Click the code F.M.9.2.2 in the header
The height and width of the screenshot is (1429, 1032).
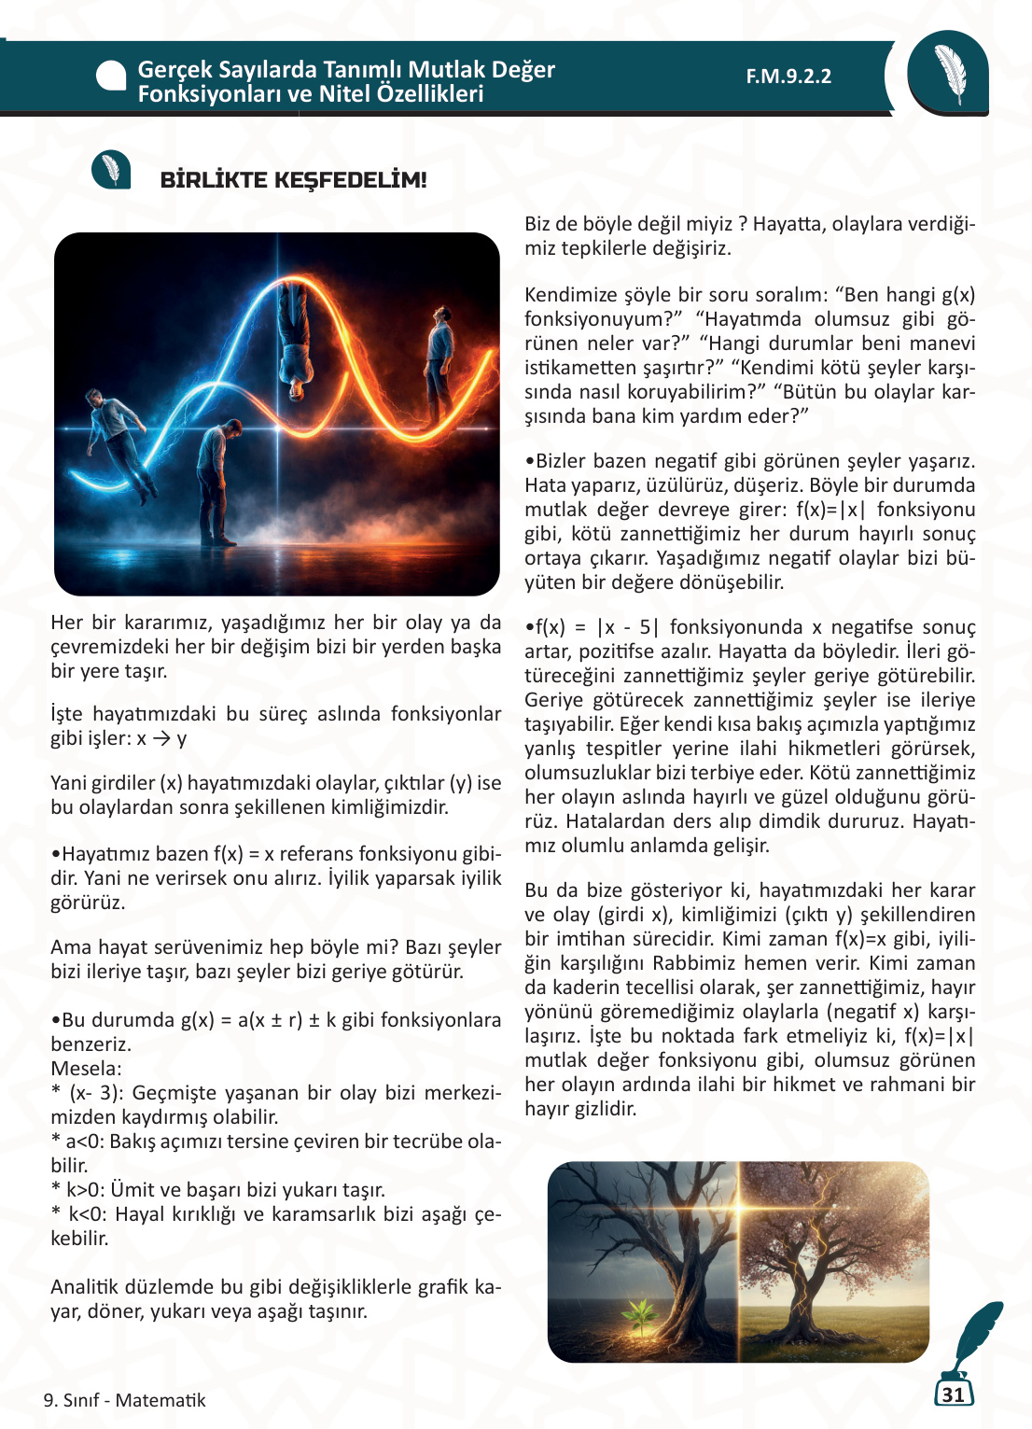788,77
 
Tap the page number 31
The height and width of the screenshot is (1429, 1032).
953,1394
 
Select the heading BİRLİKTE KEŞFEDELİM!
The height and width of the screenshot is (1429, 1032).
293,180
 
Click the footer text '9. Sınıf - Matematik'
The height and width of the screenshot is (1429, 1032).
124,1400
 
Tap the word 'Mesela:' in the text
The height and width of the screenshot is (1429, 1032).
86,1069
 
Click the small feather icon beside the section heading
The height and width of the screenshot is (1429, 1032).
111,170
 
